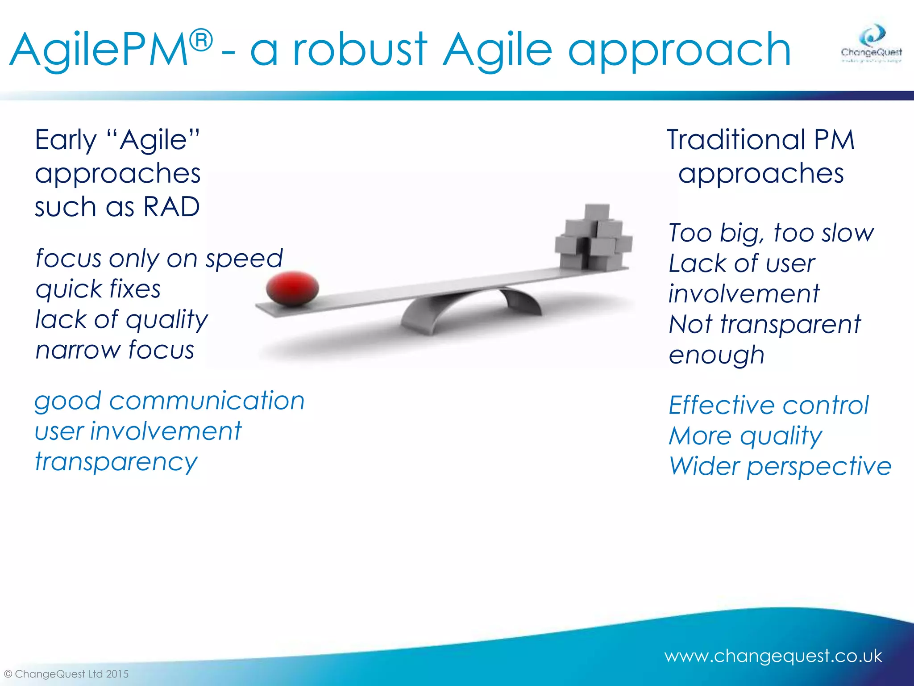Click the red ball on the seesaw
(x=292, y=289)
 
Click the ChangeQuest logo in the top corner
(x=871, y=45)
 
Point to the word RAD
(x=171, y=207)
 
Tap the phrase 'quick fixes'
(x=98, y=289)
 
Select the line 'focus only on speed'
(x=159, y=259)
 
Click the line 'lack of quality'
(x=121, y=320)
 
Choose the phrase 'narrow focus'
(x=115, y=350)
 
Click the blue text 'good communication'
(x=170, y=401)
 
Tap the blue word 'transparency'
(x=116, y=462)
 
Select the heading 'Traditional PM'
(x=760, y=140)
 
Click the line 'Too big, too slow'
(x=771, y=233)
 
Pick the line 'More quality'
(x=745, y=436)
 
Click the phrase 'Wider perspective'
(x=780, y=466)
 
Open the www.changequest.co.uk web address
(x=773, y=656)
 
